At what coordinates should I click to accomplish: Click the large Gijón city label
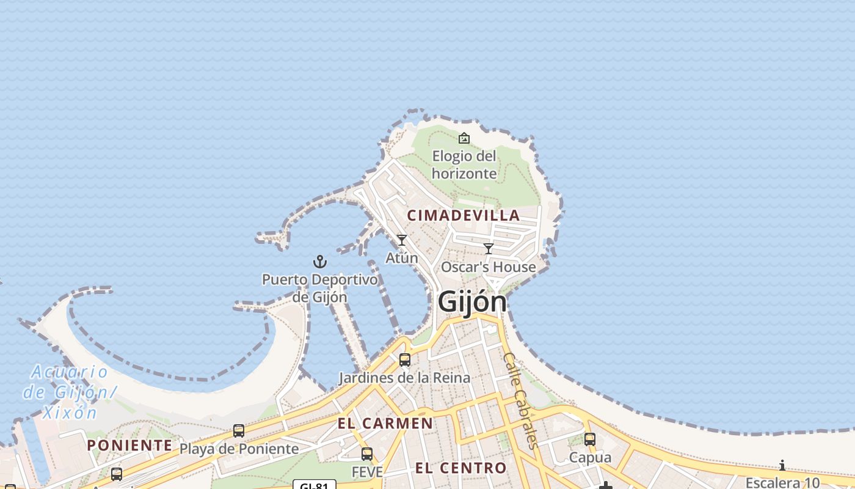tap(472, 302)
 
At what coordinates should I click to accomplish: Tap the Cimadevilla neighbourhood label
tap(464, 215)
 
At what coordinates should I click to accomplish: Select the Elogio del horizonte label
tap(464, 165)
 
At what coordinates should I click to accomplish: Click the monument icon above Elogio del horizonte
tap(464, 138)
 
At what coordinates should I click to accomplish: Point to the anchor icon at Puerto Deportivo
tap(320, 262)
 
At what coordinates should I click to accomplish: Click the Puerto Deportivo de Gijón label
tap(320, 289)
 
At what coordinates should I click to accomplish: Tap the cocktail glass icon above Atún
tap(402, 240)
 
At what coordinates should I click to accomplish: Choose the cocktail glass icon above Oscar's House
tap(489, 249)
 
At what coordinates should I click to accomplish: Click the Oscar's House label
tap(489, 267)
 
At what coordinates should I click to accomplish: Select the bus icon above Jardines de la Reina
tap(405, 360)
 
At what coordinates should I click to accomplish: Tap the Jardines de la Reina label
tap(405, 378)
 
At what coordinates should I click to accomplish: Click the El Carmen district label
tap(385, 423)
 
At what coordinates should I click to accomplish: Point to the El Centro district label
tap(461, 468)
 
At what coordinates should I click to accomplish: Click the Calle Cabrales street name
tap(520, 400)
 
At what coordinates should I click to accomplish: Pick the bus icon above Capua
tap(590, 439)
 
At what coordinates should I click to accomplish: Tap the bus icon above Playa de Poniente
tap(239, 431)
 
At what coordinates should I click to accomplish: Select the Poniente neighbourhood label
tap(129, 445)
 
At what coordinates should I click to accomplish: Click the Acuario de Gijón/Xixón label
tap(68, 392)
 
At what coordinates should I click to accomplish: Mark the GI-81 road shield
tap(315, 486)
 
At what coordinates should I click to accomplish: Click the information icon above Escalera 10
tap(782, 466)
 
